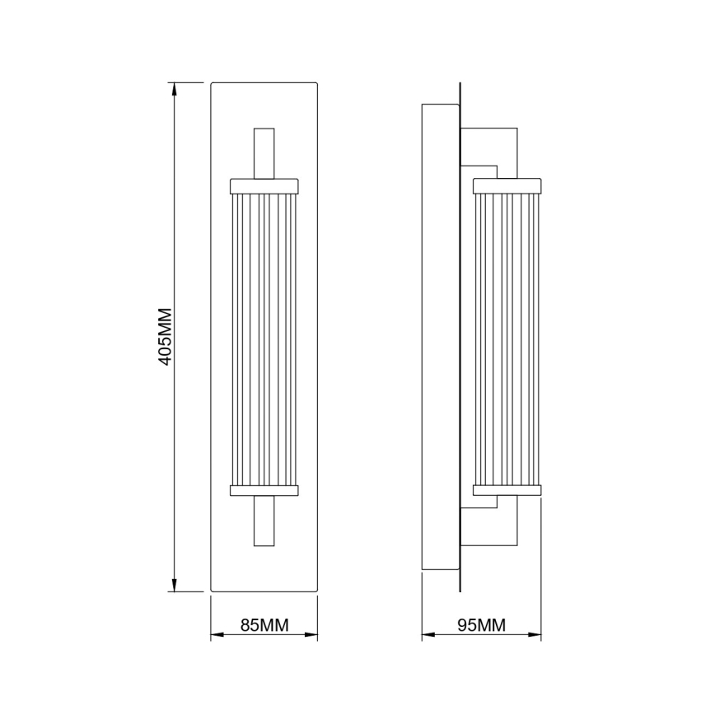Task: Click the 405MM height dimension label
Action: click(165, 337)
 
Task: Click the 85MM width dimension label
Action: click(264, 625)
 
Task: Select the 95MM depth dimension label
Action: click(481, 625)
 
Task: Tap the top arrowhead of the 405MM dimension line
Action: click(174, 89)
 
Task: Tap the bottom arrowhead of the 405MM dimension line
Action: click(174, 585)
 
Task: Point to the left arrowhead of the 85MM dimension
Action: click(217, 635)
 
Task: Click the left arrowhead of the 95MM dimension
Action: click(428, 635)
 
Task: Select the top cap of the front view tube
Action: click(264, 185)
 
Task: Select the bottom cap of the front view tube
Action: click(264, 490)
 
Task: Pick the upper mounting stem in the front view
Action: click(264, 153)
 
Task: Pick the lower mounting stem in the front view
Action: click(264, 521)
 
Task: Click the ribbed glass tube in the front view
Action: click(264, 338)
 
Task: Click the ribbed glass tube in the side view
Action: click(507, 338)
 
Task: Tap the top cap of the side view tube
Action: click(507, 185)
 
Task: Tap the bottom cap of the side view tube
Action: click(507, 490)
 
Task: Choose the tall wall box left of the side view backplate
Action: click(440, 337)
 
